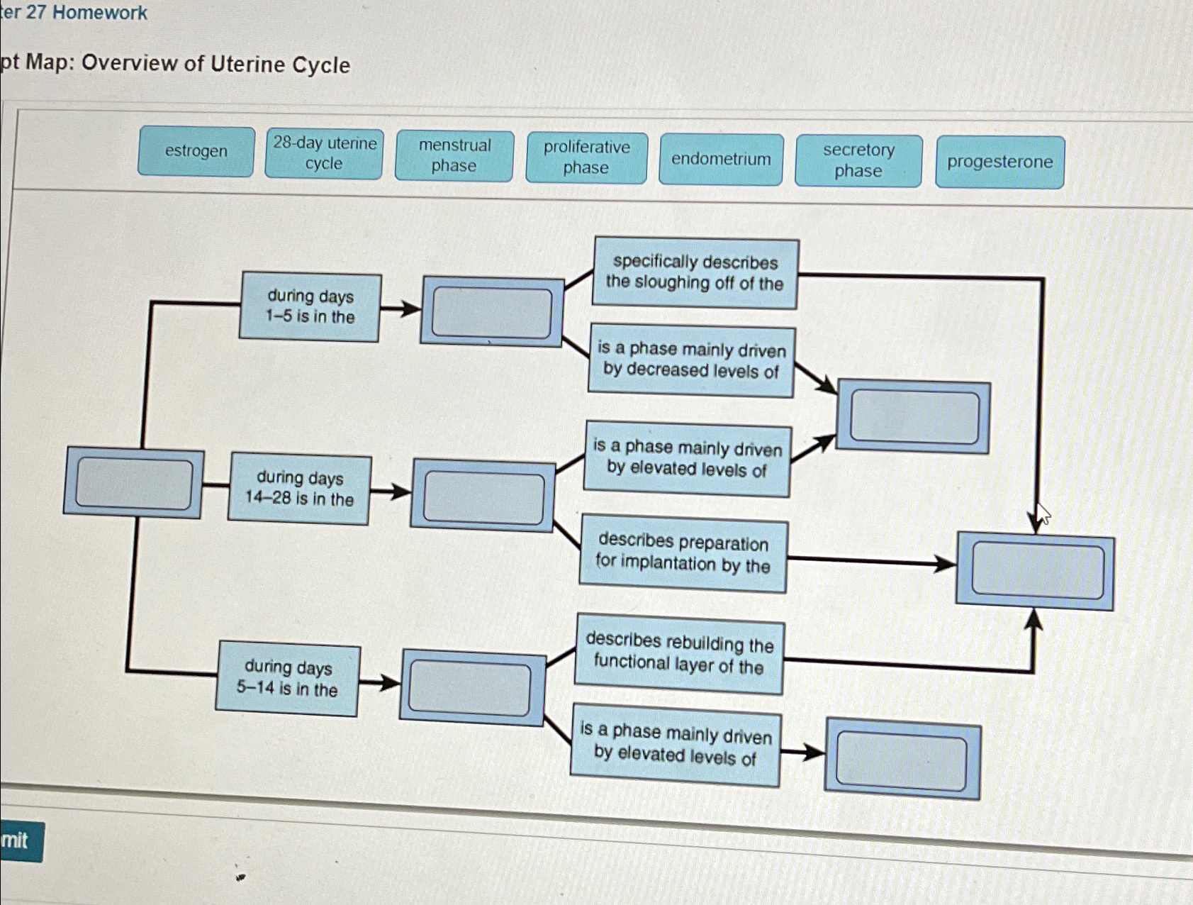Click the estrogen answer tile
pos(196,151)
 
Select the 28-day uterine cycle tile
pos(324,153)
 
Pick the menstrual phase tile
pos(454,155)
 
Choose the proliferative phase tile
pos(586,157)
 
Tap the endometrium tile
pos(721,159)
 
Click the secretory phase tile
pos(858,160)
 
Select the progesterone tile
pos(999,162)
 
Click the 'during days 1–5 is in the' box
pos(310,306)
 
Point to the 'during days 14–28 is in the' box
pos(299,489)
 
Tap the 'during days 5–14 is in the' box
pos(287,678)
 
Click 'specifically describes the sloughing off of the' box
pos(695,273)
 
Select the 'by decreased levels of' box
pos(691,360)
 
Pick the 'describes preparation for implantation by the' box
pos(683,553)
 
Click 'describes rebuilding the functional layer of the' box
pos(679,653)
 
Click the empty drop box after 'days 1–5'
pos(492,312)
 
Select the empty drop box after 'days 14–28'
pos(483,496)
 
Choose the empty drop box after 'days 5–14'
pos(470,688)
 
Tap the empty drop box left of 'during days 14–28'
pos(134,483)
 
